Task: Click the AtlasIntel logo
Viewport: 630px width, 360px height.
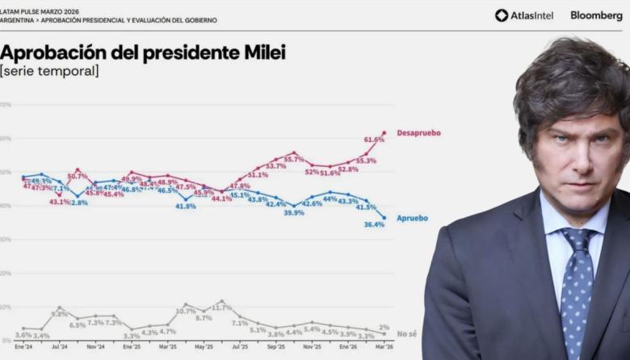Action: click(x=524, y=15)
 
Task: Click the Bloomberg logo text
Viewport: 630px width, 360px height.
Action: click(x=596, y=15)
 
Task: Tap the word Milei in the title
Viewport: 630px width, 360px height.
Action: click(x=258, y=53)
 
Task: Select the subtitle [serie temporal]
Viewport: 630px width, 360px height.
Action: click(x=49, y=72)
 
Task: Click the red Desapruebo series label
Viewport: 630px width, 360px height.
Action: click(x=418, y=132)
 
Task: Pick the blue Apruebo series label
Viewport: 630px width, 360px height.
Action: click(x=412, y=218)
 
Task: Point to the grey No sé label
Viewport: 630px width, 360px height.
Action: click(x=409, y=333)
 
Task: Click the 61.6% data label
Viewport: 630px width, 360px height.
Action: click(x=374, y=140)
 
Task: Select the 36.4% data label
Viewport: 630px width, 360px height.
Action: click(x=374, y=224)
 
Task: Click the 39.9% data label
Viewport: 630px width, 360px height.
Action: click(x=293, y=213)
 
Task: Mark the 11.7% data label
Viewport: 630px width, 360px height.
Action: click(x=221, y=308)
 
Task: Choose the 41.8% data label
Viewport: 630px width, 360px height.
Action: click(x=186, y=207)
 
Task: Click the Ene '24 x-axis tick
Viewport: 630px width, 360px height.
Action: click(x=23, y=346)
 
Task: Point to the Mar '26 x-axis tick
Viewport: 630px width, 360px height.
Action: click(x=384, y=346)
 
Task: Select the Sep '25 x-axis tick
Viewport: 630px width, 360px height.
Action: click(x=275, y=346)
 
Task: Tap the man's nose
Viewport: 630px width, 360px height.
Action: click(x=584, y=164)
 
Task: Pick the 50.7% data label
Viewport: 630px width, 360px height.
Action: click(x=78, y=176)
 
